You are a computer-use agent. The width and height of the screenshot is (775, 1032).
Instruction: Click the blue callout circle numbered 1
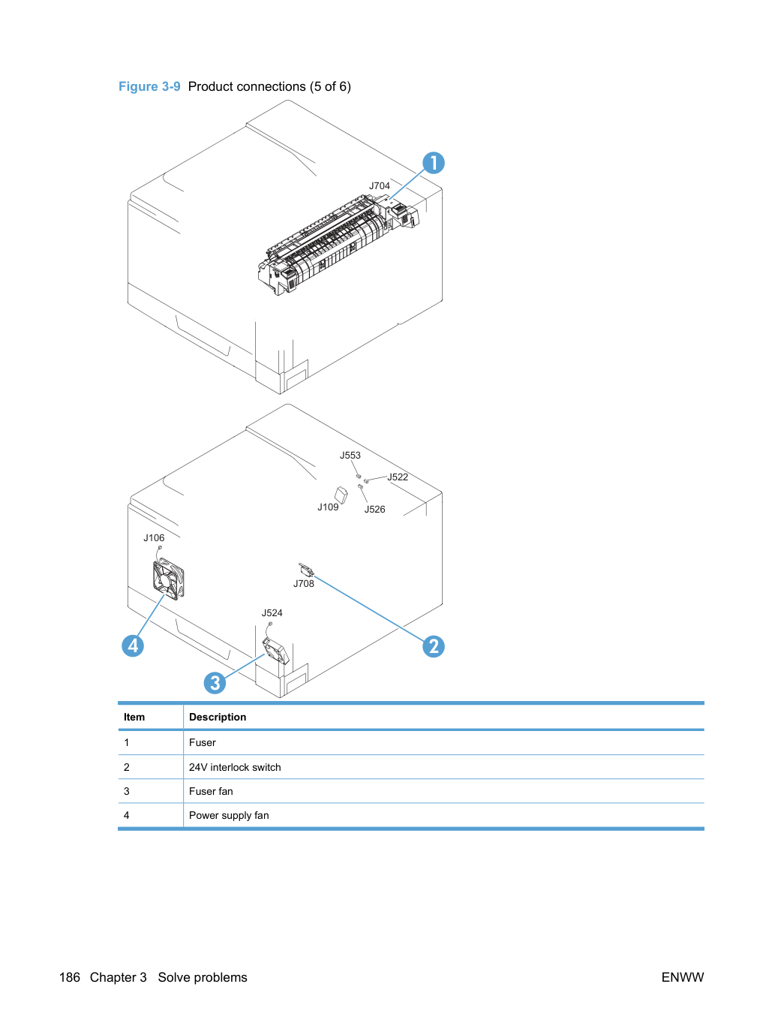(434, 163)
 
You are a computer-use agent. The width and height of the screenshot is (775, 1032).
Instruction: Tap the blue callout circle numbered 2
(434, 646)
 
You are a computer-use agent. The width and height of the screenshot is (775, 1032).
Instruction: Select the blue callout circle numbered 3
(215, 683)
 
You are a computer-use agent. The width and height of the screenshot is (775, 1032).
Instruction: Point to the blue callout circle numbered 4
(133, 645)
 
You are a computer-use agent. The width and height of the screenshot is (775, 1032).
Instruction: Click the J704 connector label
(380, 185)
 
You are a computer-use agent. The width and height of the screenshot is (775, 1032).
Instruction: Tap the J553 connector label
(350, 455)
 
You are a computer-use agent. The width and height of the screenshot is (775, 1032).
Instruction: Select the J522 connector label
(398, 477)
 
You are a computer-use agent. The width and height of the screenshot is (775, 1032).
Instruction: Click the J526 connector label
(374, 509)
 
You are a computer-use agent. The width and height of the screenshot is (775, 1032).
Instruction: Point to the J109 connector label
(328, 507)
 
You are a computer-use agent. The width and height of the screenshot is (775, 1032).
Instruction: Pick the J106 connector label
(154, 538)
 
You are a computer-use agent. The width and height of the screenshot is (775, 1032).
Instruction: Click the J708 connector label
(304, 583)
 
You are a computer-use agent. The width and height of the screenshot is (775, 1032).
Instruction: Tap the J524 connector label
(272, 612)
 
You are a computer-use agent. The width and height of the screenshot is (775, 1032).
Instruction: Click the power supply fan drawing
(168, 579)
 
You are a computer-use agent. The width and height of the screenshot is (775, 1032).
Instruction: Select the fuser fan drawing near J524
(275, 651)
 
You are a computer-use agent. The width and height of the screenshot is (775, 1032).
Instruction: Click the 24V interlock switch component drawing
(306, 570)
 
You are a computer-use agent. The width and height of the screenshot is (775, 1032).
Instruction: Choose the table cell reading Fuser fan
(211, 791)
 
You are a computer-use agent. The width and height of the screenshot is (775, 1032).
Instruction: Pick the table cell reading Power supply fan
(229, 815)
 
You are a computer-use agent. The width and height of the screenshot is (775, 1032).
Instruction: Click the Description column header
(218, 717)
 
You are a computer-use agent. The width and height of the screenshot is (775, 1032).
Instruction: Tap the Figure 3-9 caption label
(149, 86)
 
